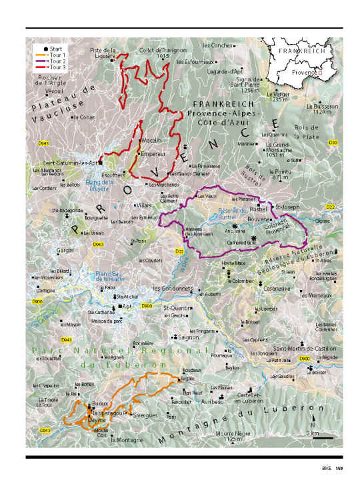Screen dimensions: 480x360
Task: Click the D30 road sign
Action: click(x=333, y=143)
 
